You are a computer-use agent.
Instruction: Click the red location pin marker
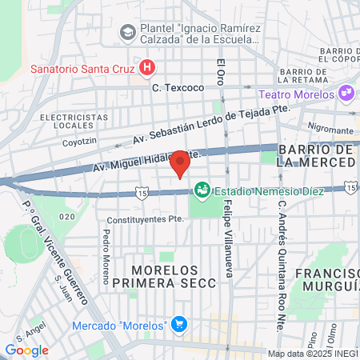coord(180,162)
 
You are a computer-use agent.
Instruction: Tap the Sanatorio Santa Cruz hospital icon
coord(146,67)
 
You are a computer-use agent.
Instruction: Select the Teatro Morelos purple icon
coord(346,94)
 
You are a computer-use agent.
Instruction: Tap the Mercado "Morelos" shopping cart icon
coord(179,325)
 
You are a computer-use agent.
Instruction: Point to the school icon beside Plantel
coord(127,32)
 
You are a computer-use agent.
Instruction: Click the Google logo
coord(26,350)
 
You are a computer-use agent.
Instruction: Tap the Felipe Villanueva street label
coord(228,240)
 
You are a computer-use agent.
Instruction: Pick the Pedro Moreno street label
coord(106,257)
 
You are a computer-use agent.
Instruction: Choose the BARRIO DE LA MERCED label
coord(316,156)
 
